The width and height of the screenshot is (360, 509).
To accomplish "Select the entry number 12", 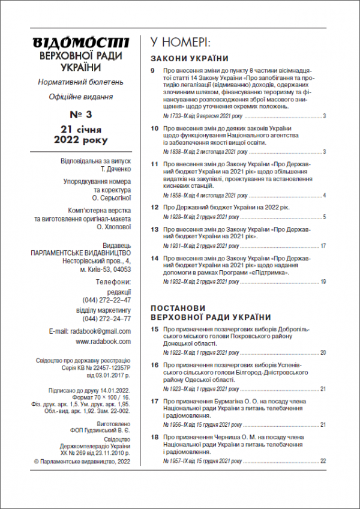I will [x=154, y=207].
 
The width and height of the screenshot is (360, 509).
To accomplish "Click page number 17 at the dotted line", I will [x=323, y=246].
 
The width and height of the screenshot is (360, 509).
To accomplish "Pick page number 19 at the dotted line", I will [x=323, y=282].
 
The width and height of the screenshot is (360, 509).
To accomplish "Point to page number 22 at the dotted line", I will [x=323, y=461].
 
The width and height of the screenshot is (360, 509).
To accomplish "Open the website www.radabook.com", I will [x=103, y=342].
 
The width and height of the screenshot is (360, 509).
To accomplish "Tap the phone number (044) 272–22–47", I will [x=107, y=300].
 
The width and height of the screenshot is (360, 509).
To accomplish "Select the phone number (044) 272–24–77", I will [x=107, y=319].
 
